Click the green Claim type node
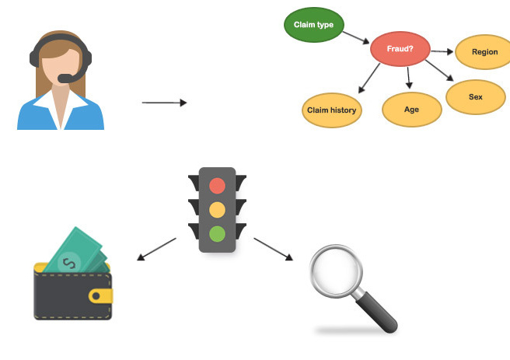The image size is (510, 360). pyautogui.click(x=313, y=25)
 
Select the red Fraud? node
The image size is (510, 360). pyautogui.click(x=400, y=49)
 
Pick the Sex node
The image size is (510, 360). pyautogui.click(x=476, y=97)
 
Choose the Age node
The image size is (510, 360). pyautogui.click(x=412, y=110)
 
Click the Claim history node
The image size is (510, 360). pyautogui.click(x=332, y=110)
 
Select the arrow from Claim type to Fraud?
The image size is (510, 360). pyautogui.click(x=356, y=37)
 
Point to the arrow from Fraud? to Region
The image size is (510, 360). pyautogui.click(x=442, y=51)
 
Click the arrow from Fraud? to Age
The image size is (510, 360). pyautogui.click(x=408, y=78)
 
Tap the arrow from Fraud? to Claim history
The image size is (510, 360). pyautogui.click(x=369, y=79)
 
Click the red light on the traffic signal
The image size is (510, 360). pyautogui.click(x=217, y=186)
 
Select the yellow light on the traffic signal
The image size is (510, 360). pyautogui.click(x=217, y=210)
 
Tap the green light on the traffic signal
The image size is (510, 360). pyautogui.click(x=217, y=234)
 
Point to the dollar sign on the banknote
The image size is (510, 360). pyautogui.click(x=69, y=263)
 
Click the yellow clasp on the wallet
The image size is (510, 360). pyautogui.click(x=100, y=296)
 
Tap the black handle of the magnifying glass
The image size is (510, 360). pyautogui.click(x=376, y=313)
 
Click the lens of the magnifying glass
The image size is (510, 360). pyautogui.click(x=336, y=271)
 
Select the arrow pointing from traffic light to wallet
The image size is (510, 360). pyautogui.click(x=156, y=249)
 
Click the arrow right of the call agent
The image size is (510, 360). pyautogui.click(x=164, y=103)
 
